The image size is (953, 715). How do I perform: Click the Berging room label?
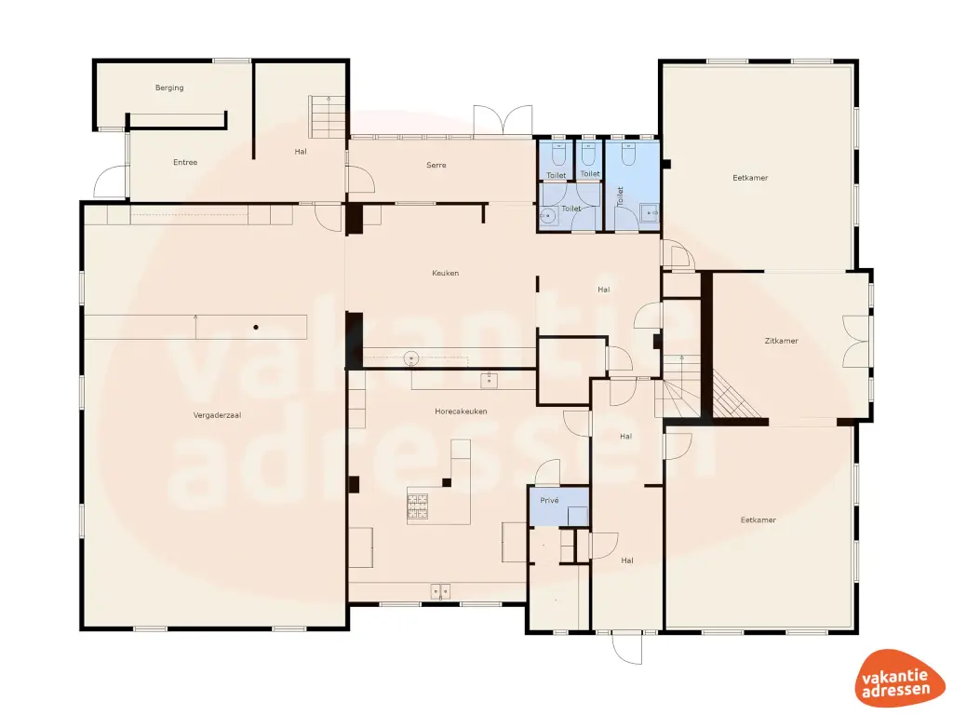coord(169,88)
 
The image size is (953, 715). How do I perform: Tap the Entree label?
coord(185,163)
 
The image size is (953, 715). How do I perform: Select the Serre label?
coord(436,166)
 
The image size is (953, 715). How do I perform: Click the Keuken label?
coord(445,273)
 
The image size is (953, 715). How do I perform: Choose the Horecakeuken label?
coord(461,411)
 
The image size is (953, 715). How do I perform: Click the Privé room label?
coord(549,500)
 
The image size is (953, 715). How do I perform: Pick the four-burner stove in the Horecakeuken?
coord(417,505)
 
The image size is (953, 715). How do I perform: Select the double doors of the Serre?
coord(503,122)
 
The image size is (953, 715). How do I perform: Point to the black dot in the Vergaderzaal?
coord(257,327)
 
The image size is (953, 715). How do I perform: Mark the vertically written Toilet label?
coord(620,196)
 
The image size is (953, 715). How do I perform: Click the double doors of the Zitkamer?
coord(857,342)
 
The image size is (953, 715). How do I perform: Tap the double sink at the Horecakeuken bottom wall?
coord(439,589)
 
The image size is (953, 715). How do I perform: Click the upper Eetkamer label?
coord(750,178)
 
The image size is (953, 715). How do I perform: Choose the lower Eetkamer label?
coord(758,519)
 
